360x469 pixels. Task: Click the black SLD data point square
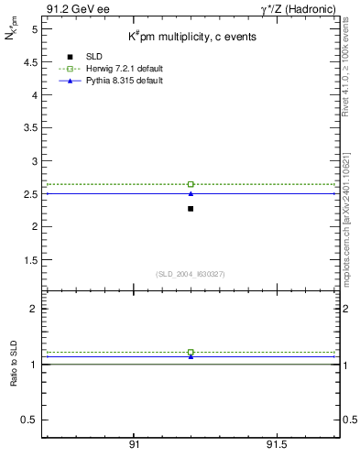coord(191,209)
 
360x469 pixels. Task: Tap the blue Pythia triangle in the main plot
coord(191,193)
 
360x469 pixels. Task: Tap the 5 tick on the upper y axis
coord(32,29)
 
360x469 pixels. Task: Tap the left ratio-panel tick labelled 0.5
coord(29,420)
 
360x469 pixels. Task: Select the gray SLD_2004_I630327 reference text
coord(190,274)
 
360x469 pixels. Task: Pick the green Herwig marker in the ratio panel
coord(191,352)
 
